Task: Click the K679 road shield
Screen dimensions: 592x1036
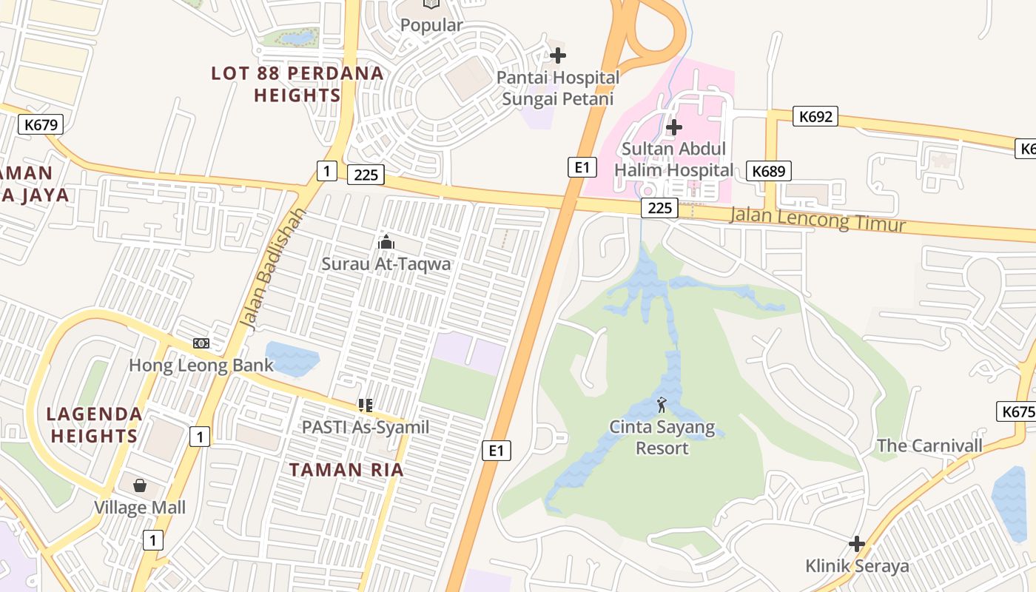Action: (41, 124)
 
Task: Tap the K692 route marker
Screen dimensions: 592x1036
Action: (815, 116)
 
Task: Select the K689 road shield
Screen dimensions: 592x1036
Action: (769, 171)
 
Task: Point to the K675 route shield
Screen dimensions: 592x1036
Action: (1017, 411)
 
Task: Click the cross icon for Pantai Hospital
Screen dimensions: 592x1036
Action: (558, 55)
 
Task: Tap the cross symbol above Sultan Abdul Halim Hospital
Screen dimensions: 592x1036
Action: (673, 127)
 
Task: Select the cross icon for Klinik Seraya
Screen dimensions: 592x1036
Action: (857, 545)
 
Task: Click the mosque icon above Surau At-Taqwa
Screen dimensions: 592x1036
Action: (386, 242)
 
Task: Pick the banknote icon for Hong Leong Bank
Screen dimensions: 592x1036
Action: (201, 343)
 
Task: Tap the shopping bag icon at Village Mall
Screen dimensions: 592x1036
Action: (140, 486)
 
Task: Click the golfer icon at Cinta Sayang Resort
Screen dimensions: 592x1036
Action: (662, 405)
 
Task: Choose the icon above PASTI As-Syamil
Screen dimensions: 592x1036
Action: (365, 405)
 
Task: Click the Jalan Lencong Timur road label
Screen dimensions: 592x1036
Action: (818, 219)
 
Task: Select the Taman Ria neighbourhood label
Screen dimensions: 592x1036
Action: (346, 470)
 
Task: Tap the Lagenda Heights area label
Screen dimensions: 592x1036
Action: (94, 425)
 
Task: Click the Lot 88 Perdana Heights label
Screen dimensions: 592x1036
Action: (297, 84)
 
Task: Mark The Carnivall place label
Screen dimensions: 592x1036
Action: (929, 445)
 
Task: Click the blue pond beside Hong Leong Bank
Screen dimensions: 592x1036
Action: (292, 357)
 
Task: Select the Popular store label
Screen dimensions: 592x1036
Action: (431, 25)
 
